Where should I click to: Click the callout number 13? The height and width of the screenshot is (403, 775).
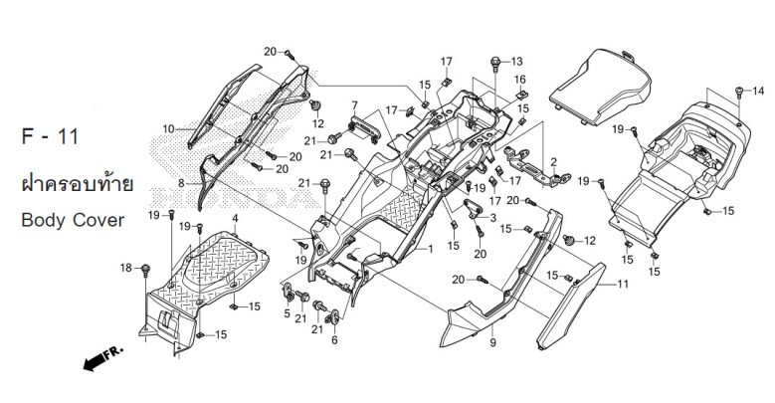pyautogui.click(x=516, y=61)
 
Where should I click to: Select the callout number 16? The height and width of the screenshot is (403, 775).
pyautogui.click(x=519, y=79)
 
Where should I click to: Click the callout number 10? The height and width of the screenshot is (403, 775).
pyautogui.click(x=168, y=128)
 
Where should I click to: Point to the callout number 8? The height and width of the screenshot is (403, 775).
pyautogui.click(x=182, y=183)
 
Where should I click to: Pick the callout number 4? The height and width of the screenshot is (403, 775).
pyautogui.click(x=235, y=217)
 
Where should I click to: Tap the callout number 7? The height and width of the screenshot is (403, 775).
pyautogui.click(x=352, y=104)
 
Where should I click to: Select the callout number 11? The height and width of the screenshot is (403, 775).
pyautogui.click(x=624, y=286)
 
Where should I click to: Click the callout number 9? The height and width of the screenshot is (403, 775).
pyautogui.click(x=491, y=343)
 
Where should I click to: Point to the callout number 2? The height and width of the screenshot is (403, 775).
pyautogui.click(x=553, y=161)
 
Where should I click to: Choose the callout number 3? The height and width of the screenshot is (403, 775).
pyautogui.click(x=493, y=216)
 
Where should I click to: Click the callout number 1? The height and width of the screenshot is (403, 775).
pyautogui.click(x=431, y=249)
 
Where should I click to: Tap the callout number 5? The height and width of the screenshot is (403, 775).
pyautogui.click(x=287, y=314)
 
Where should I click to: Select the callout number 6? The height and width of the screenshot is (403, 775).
pyautogui.click(x=334, y=340)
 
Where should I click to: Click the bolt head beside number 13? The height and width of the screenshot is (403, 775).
pyautogui.click(x=494, y=62)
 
